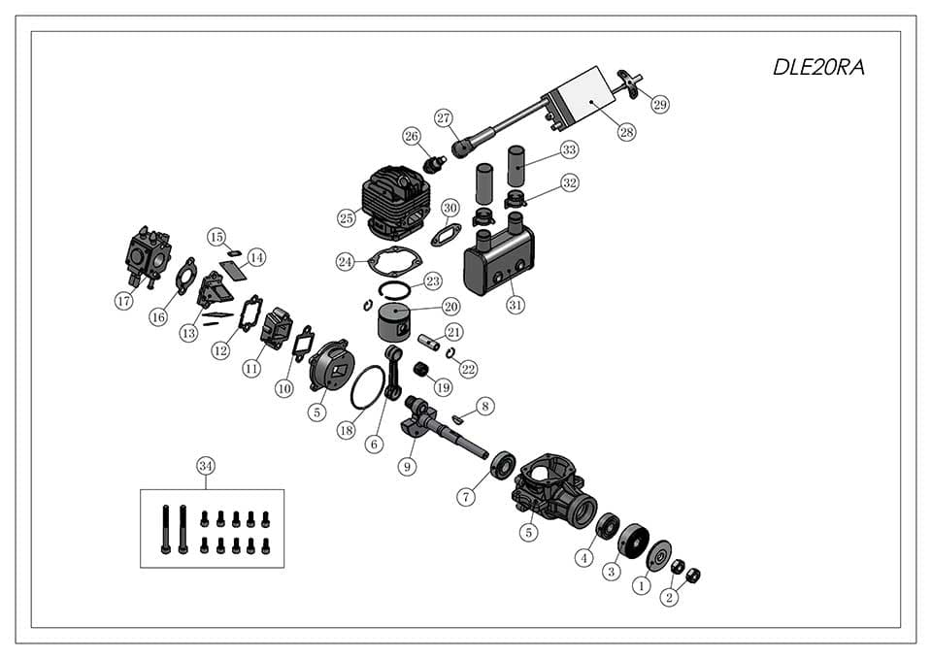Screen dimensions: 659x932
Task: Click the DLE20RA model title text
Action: pos(817,67)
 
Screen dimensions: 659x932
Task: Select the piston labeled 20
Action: pos(400,319)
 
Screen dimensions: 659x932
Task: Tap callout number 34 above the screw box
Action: pos(206,466)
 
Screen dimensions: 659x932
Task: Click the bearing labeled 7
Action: pos(503,465)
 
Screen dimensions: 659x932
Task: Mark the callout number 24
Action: pos(346,262)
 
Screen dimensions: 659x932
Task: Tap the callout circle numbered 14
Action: pos(256,257)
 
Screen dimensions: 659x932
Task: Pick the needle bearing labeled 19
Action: pos(421,371)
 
